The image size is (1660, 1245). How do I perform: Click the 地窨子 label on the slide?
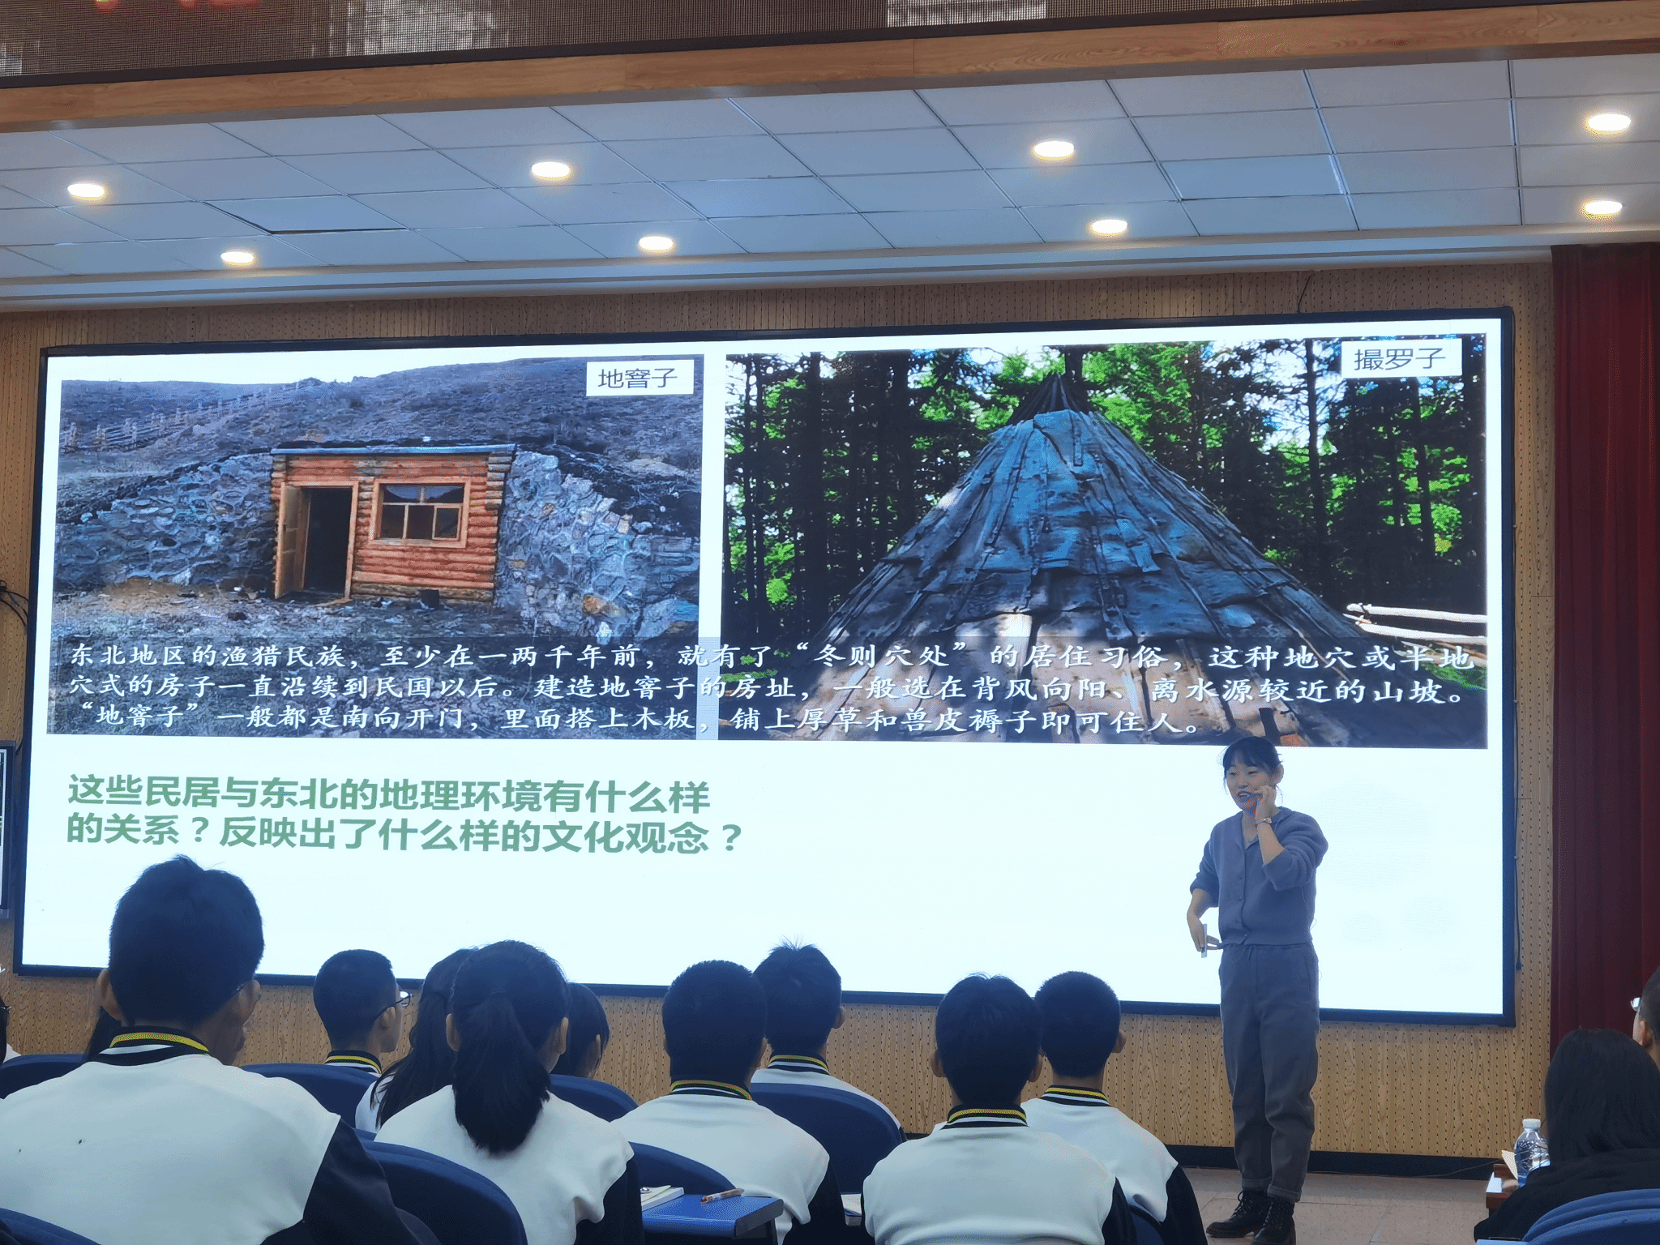640,378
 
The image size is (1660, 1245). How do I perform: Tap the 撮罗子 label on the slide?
1400,358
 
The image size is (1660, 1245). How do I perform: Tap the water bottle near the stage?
1530,1152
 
